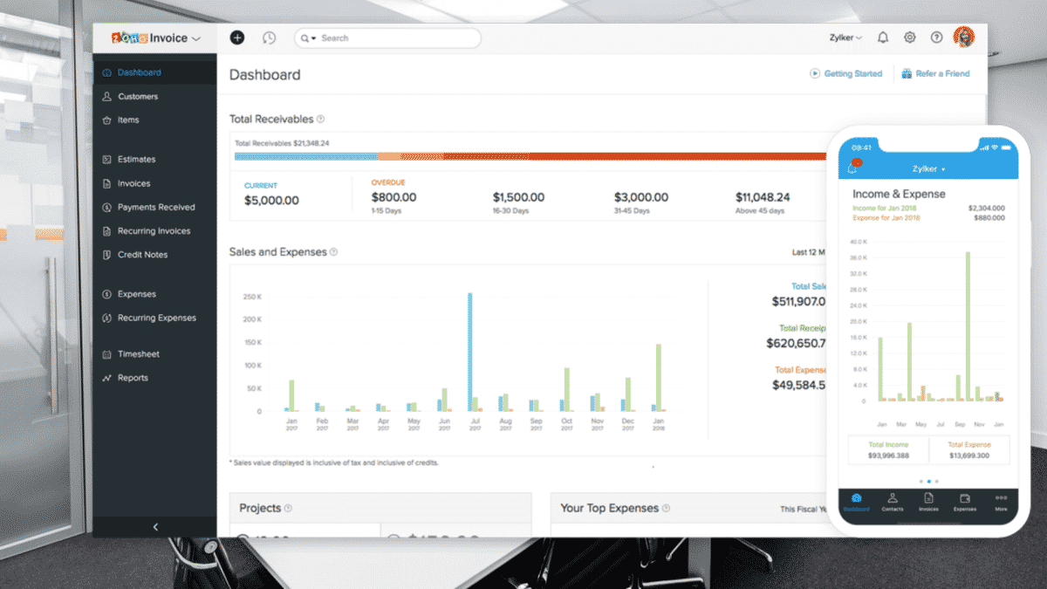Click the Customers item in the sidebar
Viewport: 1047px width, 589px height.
click(x=137, y=97)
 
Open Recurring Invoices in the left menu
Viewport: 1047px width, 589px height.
click(x=153, y=231)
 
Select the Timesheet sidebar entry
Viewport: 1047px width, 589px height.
click(x=138, y=354)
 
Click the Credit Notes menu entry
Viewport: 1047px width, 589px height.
click(x=142, y=255)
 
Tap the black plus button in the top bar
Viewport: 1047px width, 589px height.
click(x=237, y=38)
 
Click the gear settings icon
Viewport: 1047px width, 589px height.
click(x=909, y=38)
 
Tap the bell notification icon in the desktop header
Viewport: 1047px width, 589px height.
click(x=883, y=38)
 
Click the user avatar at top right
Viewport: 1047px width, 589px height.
click(x=963, y=38)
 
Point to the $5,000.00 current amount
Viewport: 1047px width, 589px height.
click(x=271, y=201)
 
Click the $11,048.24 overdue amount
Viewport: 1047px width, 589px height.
click(x=762, y=197)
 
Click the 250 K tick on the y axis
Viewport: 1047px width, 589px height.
click(x=252, y=297)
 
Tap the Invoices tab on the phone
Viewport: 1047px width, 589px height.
click(x=928, y=502)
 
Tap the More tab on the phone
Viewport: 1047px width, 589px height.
click(x=1000, y=502)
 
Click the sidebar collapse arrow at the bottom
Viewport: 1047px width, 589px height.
click(x=155, y=527)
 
